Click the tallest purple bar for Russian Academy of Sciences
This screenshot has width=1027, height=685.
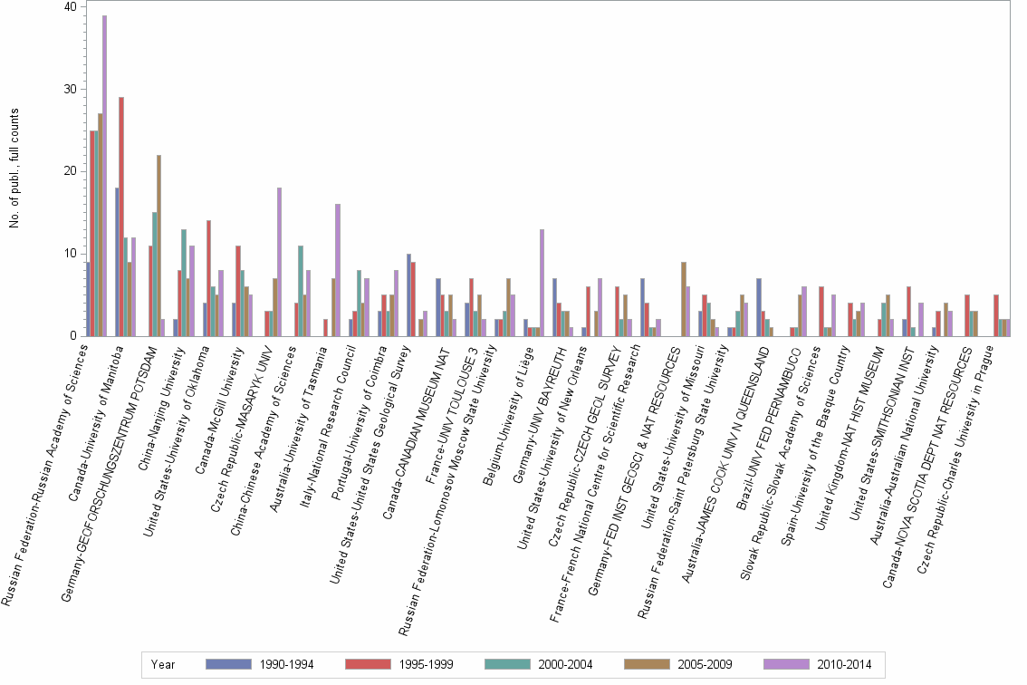(x=105, y=176)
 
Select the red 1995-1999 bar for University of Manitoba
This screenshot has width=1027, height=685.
(x=121, y=217)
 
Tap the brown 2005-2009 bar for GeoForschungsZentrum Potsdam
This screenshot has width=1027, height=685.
(x=158, y=246)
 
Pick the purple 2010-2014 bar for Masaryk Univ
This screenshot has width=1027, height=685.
(x=280, y=262)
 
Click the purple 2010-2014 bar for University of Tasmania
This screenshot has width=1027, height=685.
(x=338, y=270)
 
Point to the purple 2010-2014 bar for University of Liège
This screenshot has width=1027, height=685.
(x=542, y=283)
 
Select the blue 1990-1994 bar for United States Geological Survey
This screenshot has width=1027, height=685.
(x=408, y=295)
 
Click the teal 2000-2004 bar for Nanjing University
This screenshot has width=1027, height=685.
(x=184, y=283)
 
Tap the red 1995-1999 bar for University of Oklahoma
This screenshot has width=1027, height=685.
(x=209, y=278)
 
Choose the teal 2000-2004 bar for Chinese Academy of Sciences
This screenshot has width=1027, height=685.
(x=301, y=291)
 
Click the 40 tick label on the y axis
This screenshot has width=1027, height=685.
(x=70, y=6)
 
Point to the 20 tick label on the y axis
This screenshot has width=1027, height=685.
(x=70, y=171)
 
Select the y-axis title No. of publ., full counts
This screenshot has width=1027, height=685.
(x=14, y=169)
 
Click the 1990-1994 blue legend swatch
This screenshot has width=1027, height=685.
(x=228, y=664)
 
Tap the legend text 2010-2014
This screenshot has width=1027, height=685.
(x=844, y=665)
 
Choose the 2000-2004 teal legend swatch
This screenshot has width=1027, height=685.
(x=507, y=664)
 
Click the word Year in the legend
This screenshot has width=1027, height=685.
(x=163, y=665)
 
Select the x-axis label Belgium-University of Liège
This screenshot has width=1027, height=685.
(x=507, y=416)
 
